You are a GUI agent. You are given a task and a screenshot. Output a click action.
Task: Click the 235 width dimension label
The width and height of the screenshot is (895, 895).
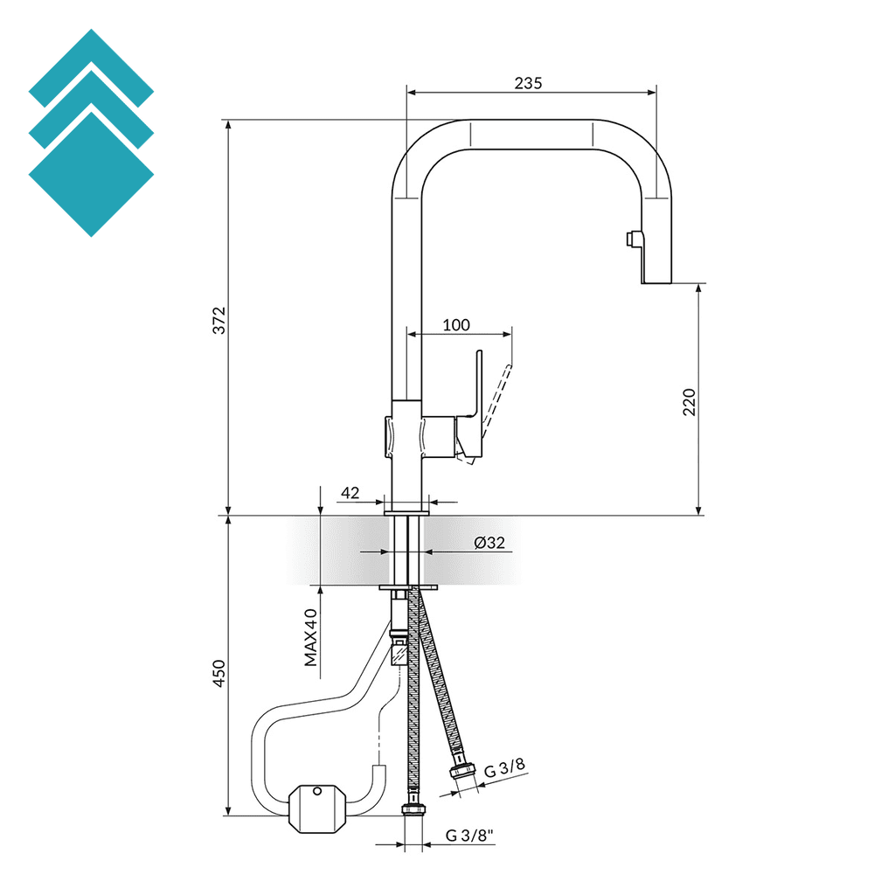pyautogui.click(x=528, y=83)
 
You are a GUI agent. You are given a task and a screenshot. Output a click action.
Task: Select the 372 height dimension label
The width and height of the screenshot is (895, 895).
pyautogui.click(x=220, y=320)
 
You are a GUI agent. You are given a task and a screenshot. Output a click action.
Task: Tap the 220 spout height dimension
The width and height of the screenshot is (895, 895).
pyautogui.click(x=690, y=401)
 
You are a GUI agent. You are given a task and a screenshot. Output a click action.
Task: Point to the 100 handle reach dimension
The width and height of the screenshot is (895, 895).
pyautogui.click(x=456, y=325)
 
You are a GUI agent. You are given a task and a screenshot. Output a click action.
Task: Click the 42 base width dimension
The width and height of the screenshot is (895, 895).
pyautogui.click(x=350, y=493)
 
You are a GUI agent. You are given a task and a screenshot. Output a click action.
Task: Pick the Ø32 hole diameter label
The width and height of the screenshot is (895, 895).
pyautogui.click(x=489, y=543)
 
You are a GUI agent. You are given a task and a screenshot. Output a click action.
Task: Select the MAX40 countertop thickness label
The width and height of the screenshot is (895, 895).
pyautogui.click(x=311, y=637)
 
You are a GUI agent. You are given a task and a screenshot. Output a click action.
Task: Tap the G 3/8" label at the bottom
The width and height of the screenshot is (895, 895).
pyautogui.click(x=469, y=835)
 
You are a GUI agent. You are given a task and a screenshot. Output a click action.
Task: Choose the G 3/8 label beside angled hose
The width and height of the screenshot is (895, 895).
pyautogui.click(x=505, y=769)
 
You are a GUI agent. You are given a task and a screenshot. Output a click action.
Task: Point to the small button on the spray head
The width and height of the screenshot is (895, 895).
pyautogui.click(x=629, y=239)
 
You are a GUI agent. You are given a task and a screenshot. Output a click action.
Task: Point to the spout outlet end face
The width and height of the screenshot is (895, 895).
pyautogui.click(x=656, y=282)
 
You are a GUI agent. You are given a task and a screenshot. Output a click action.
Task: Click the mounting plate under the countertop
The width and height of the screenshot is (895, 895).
pyautogui.click(x=409, y=587)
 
